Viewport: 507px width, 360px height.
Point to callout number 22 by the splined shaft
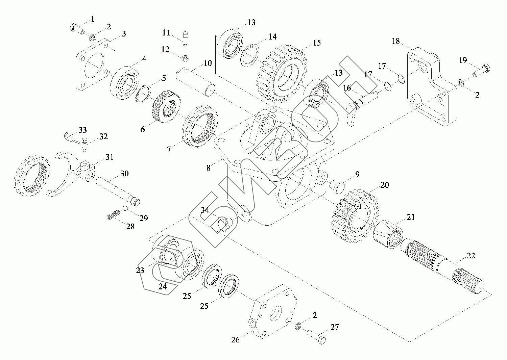click(470, 256)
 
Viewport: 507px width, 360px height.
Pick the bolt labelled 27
click(316, 336)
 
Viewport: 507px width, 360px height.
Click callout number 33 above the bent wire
click(83, 130)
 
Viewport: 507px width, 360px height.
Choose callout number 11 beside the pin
click(166, 33)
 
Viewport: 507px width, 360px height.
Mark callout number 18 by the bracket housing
click(395, 42)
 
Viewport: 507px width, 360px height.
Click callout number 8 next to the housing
click(209, 168)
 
